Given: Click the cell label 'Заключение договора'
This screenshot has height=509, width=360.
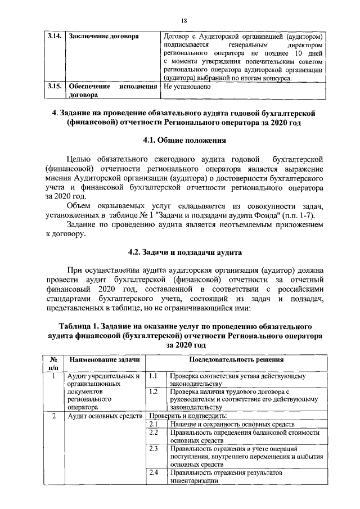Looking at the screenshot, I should [103, 37].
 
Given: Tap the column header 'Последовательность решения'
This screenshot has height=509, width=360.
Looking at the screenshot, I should [236, 359].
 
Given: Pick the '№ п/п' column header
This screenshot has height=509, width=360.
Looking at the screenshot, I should [52, 363].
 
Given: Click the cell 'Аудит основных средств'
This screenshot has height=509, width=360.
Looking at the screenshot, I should [103, 416].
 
